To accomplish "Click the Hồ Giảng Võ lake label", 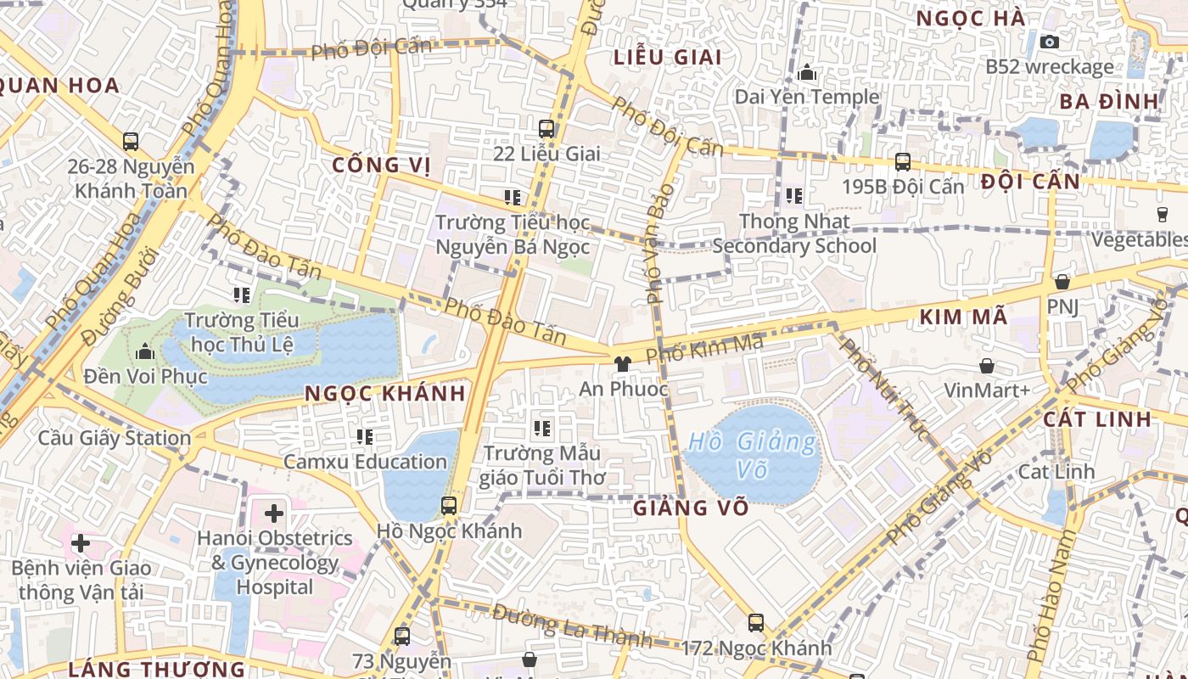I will click(x=752, y=455).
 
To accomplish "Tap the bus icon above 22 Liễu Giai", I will click(x=546, y=129).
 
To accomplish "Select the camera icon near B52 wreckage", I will click(x=1050, y=42).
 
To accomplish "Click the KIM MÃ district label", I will click(x=964, y=317).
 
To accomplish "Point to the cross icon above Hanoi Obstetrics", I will click(x=274, y=513).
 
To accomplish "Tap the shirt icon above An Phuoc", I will click(x=623, y=364).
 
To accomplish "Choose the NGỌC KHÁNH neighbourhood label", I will click(x=385, y=394).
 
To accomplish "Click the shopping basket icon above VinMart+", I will click(x=987, y=366).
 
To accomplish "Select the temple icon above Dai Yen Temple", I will click(x=808, y=73).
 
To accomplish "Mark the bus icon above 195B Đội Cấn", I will click(x=903, y=161).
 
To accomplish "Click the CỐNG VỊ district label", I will click(x=382, y=165).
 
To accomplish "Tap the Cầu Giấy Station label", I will click(x=115, y=439).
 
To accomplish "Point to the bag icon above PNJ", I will click(x=1062, y=282).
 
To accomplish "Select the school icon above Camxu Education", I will click(x=365, y=437).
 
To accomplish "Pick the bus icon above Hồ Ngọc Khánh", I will click(x=449, y=506).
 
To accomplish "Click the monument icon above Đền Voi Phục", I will click(x=145, y=351).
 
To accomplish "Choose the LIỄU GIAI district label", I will click(x=667, y=58).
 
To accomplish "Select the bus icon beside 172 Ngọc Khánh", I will click(x=756, y=623).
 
